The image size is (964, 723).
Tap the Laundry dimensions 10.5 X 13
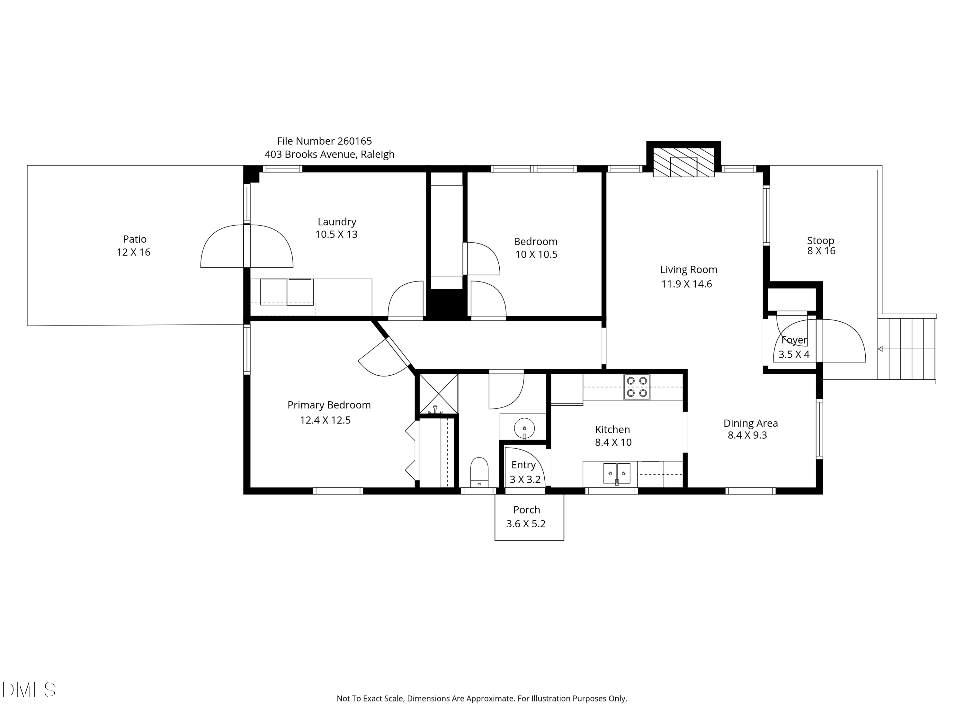point(336,235)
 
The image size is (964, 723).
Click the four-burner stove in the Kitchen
point(636,387)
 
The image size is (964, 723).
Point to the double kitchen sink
point(617,473)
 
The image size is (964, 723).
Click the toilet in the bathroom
point(479,472)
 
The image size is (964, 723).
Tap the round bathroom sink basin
point(524,428)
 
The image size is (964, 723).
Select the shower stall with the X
point(438,393)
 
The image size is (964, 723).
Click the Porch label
point(526,509)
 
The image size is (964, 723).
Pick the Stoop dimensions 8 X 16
point(821,251)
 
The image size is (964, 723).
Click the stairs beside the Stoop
point(906,349)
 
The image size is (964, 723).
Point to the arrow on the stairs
point(880,349)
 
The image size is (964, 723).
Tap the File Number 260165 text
point(324,141)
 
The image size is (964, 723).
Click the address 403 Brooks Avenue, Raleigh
point(329,154)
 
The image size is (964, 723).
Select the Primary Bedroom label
point(329,405)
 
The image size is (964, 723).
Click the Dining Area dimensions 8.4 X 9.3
point(747,435)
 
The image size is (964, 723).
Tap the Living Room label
point(689,270)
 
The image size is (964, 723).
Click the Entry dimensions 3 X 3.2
point(525,480)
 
